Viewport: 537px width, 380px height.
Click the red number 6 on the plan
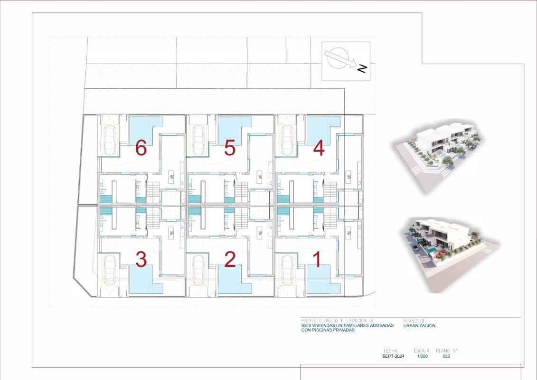pyautogui.click(x=141, y=148)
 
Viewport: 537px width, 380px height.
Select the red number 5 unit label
pyautogui.click(x=230, y=148)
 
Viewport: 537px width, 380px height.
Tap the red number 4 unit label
pyautogui.click(x=319, y=148)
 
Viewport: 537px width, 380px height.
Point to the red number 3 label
pyautogui.click(x=141, y=260)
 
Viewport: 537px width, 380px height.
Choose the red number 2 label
pyautogui.click(x=230, y=260)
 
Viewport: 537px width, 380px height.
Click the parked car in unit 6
pyautogui.click(x=110, y=140)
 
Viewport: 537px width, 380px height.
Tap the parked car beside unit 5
pyautogui.click(x=198, y=140)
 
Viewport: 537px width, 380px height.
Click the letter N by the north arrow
pyautogui.click(x=362, y=69)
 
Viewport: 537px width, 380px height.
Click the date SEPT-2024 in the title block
pyautogui.click(x=393, y=356)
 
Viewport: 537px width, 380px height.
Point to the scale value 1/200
pyautogui.click(x=422, y=356)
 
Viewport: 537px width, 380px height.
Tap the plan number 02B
pyautogui.click(x=446, y=356)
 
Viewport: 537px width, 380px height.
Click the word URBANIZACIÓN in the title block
pyautogui.click(x=419, y=325)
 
